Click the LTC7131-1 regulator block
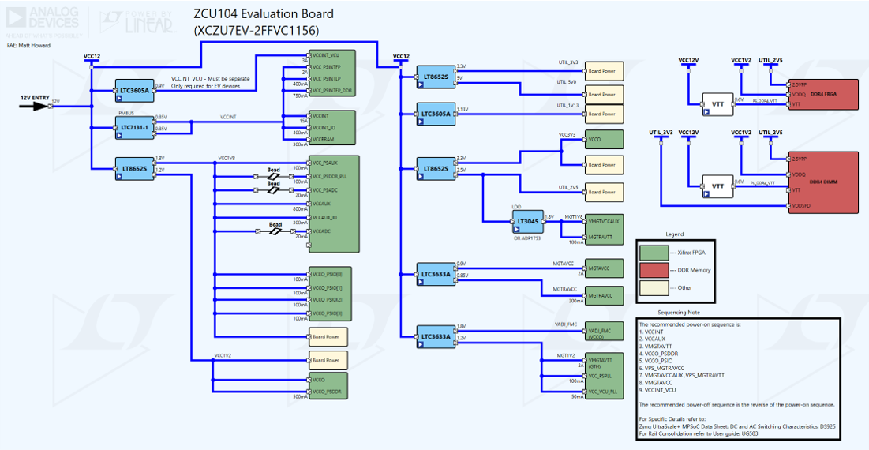(x=135, y=128)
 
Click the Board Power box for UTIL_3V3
(x=604, y=71)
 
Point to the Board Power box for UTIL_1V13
(x=604, y=114)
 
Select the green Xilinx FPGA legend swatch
(x=654, y=253)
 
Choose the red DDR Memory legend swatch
(x=654, y=270)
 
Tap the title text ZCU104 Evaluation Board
(x=264, y=13)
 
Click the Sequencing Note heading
(x=674, y=312)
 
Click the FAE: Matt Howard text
(x=29, y=45)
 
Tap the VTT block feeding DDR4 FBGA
(x=717, y=103)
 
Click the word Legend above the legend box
(x=674, y=234)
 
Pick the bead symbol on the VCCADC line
(x=275, y=231)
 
